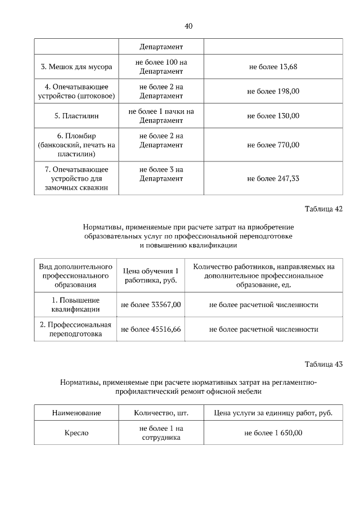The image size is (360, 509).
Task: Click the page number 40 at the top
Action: (188, 26)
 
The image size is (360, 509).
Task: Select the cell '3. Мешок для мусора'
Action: (76, 67)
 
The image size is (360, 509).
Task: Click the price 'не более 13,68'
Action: (273, 67)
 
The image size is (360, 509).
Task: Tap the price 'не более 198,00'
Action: (273, 91)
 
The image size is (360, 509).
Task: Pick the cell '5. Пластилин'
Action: (76, 116)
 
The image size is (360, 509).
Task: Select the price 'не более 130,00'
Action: (273, 116)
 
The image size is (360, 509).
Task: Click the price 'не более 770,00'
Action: (273, 145)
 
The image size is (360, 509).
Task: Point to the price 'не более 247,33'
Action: (273, 178)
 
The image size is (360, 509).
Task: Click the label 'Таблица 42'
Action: (323, 209)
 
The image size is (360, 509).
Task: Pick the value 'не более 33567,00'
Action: (151, 305)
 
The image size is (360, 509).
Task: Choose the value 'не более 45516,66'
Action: (151, 329)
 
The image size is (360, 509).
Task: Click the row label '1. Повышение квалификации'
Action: (76, 305)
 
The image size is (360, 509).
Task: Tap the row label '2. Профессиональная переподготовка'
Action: (76, 329)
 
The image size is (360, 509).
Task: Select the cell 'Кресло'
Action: (76, 433)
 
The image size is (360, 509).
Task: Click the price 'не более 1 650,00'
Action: (273, 433)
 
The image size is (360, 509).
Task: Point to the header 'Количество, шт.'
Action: (161, 413)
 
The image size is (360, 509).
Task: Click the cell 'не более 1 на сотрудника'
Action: (161, 433)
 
